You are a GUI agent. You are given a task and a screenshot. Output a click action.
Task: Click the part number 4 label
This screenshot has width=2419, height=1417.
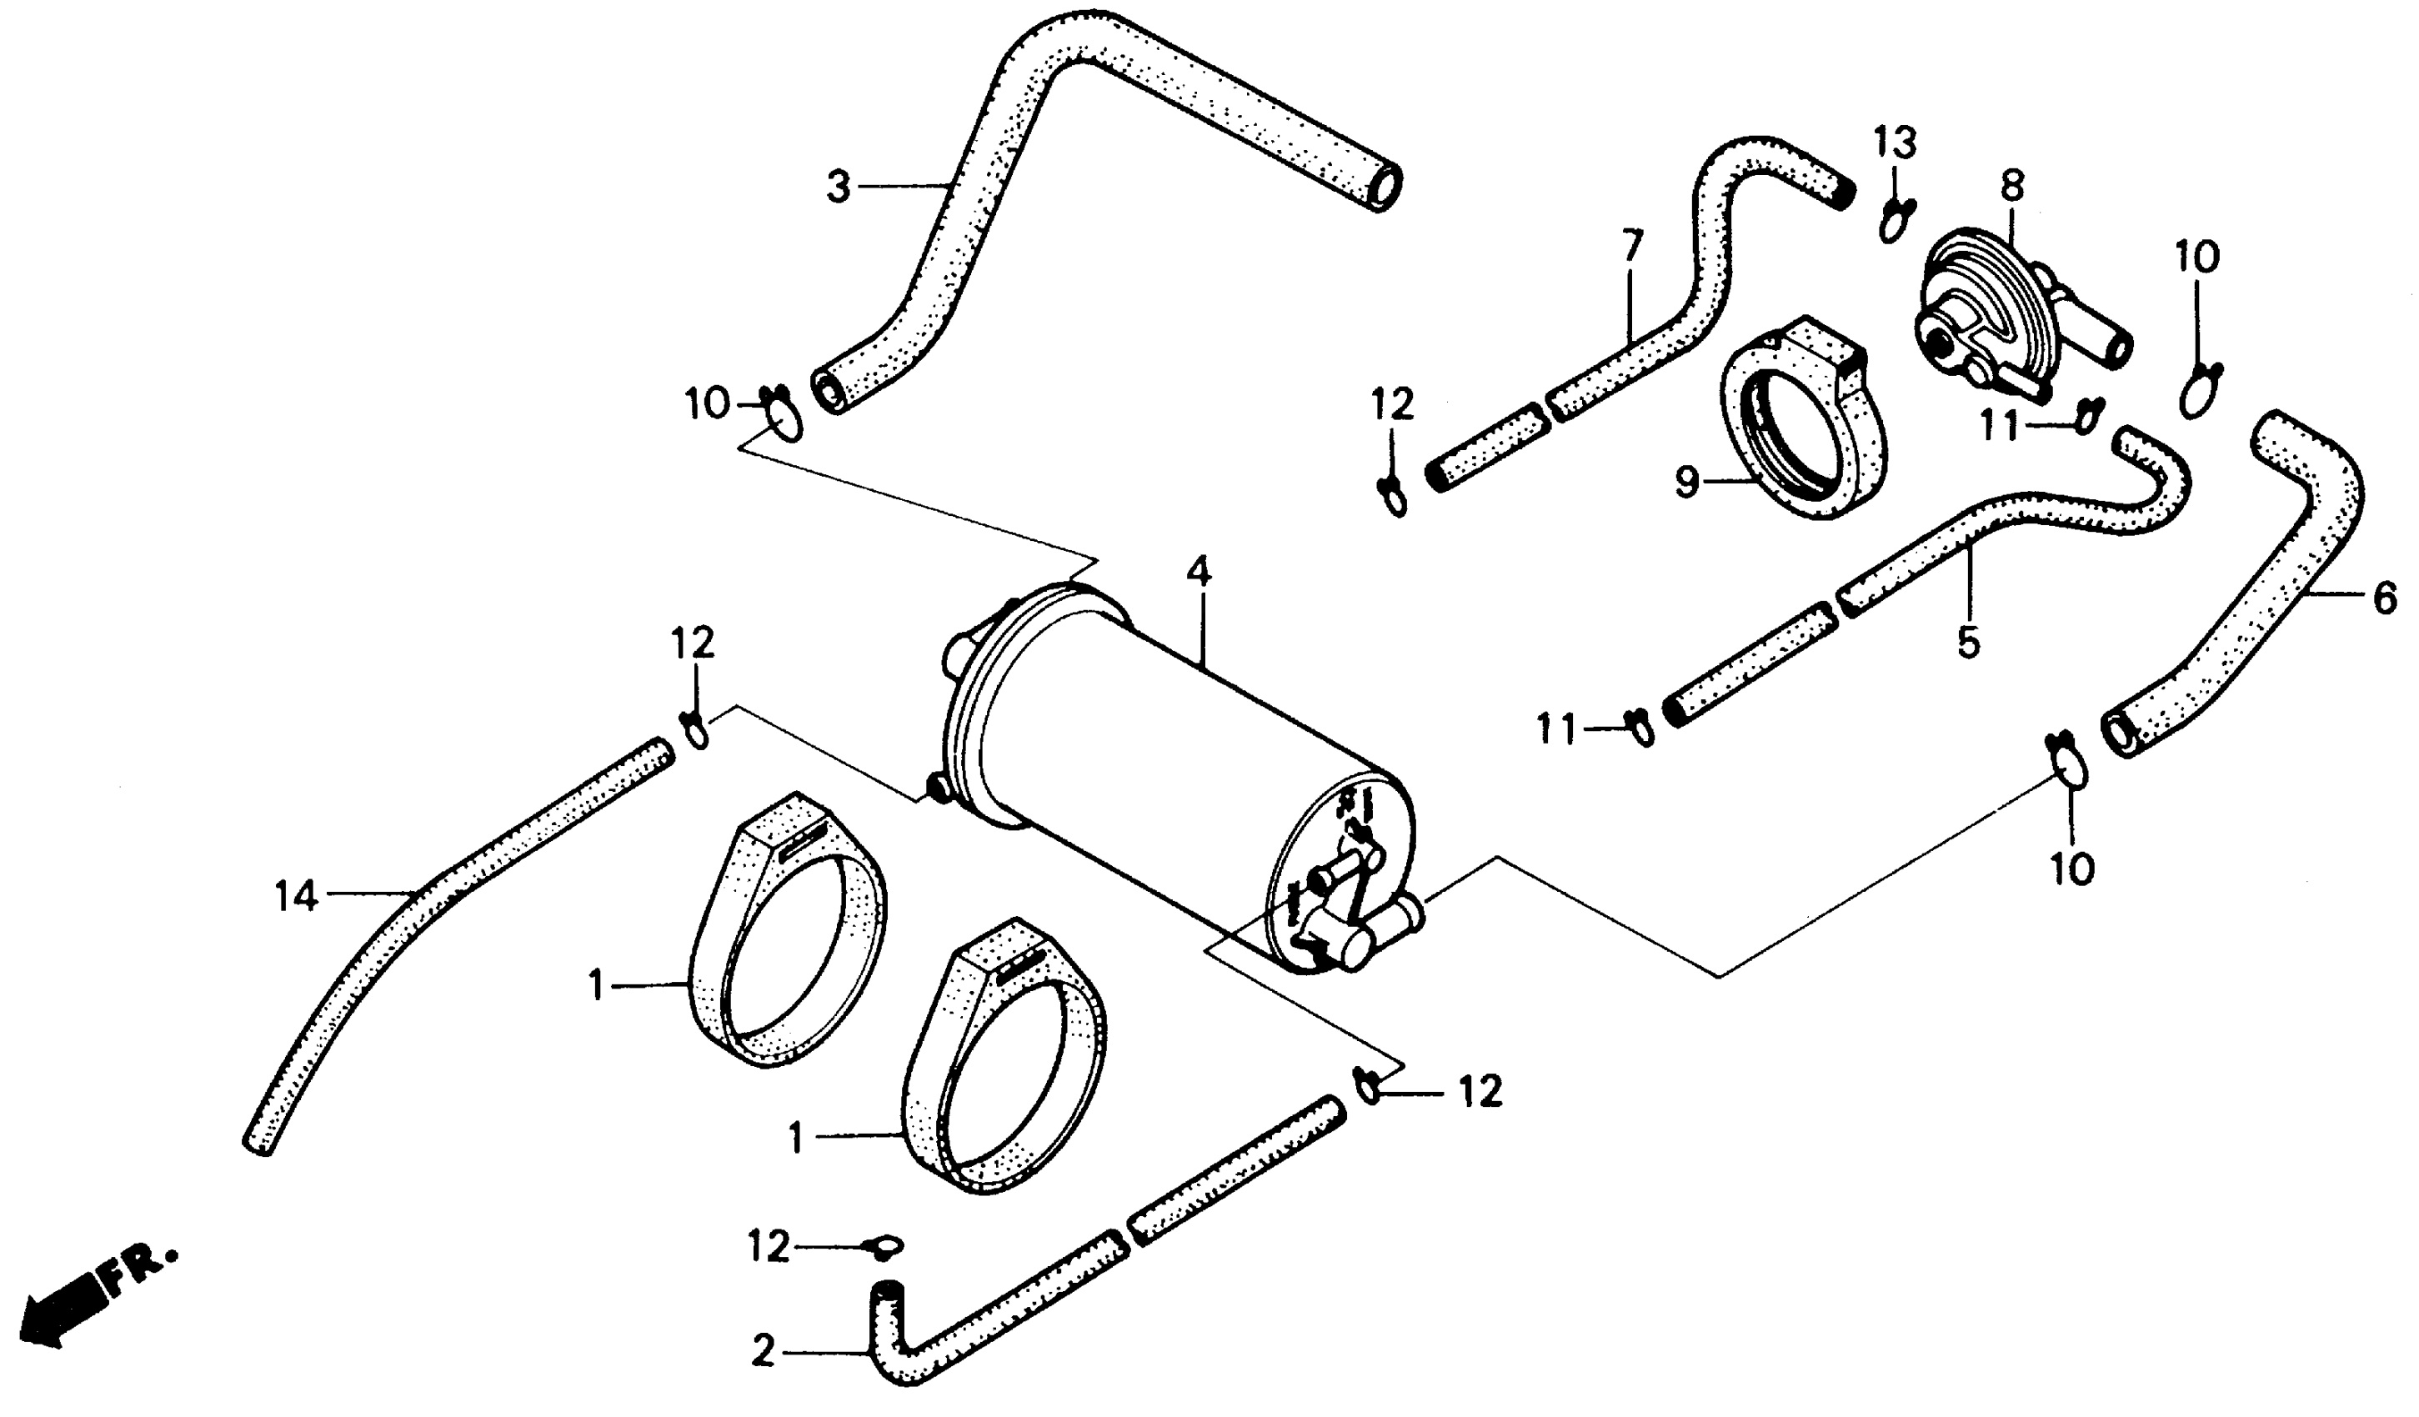[x=1198, y=573]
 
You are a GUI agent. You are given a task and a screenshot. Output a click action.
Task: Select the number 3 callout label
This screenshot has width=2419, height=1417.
[x=839, y=186]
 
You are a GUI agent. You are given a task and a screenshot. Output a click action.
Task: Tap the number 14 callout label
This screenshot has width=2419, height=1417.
[x=296, y=897]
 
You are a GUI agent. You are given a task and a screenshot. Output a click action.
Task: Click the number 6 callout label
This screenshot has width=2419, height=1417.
[x=2385, y=600]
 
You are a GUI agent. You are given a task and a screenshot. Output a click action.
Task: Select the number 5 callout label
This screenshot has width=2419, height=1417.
[x=1968, y=641]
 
